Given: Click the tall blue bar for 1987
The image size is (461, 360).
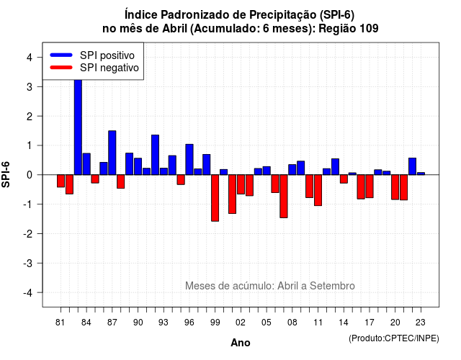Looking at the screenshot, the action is pyautogui.click(x=112, y=153).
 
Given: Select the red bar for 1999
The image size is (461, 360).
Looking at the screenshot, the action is pyautogui.click(x=215, y=198).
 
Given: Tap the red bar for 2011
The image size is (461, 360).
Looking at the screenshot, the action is pyautogui.click(x=318, y=190).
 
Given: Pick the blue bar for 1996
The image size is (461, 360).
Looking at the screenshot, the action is pyautogui.click(x=189, y=160).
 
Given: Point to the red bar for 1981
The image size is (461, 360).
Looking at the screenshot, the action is pyautogui.click(x=61, y=181).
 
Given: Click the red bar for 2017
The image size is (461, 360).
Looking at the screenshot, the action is pyautogui.click(x=370, y=186).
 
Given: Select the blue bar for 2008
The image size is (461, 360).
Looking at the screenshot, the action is pyautogui.click(x=292, y=170).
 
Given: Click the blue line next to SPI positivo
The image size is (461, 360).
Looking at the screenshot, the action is pyautogui.click(x=61, y=55).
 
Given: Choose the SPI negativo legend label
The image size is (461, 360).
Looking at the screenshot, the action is pyautogui.click(x=109, y=68).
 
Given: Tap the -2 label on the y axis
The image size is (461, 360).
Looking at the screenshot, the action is pyautogui.click(x=27, y=233).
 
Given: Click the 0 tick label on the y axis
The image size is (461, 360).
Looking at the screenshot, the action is pyautogui.click(x=30, y=175).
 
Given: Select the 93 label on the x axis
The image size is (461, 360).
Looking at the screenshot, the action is pyautogui.click(x=164, y=323).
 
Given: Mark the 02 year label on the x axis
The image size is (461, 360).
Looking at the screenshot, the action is pyautogui.click(x=241, y=323).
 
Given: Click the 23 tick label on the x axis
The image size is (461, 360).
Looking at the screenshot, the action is pyautogui.click(x=421, y=323).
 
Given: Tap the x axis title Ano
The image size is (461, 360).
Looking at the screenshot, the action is pyautogui.click(x=241, y=343).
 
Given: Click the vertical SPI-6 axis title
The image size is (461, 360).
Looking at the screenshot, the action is pyautogui.click(x=6, y=174).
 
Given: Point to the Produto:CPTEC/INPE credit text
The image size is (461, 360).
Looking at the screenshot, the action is pyautogui.click(x=394, y=338).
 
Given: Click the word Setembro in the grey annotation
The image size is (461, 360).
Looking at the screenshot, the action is pyautogui.click(x=332, y=286).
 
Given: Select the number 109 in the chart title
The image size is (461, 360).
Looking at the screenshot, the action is pyautogui.click(x=369, y=29).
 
